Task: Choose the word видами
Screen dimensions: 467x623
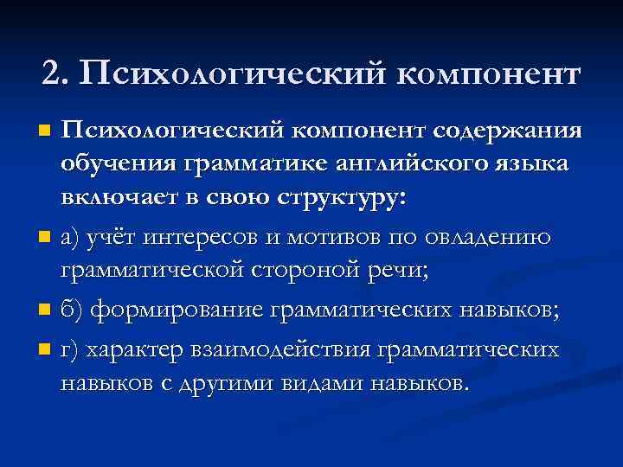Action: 322,382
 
